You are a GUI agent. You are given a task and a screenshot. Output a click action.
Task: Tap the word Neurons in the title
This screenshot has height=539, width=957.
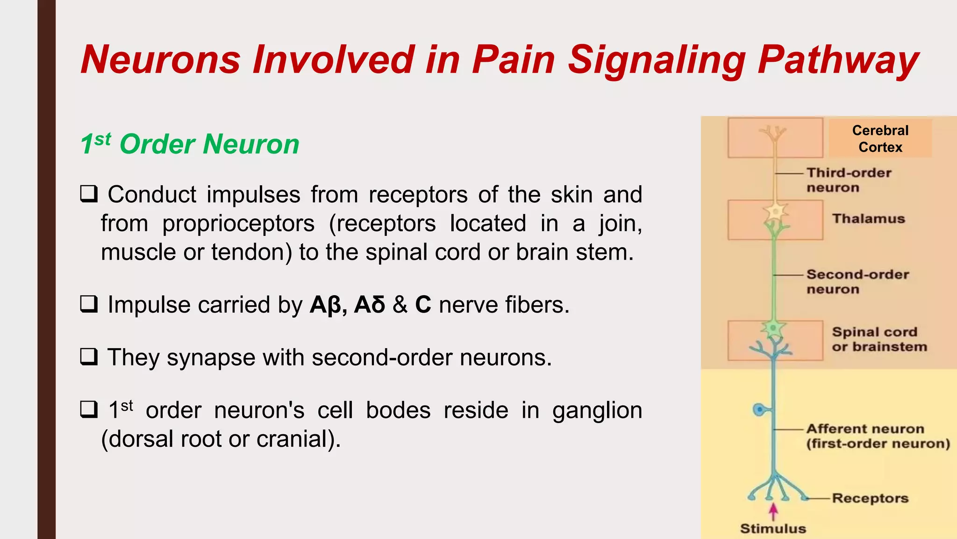pyautogui.click(x=160, y=60)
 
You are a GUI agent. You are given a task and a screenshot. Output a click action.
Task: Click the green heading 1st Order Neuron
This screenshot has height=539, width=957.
pyautogui.click(x=190, y=144)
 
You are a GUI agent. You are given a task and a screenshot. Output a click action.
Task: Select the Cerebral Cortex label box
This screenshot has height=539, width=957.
pyautogui.click(x=880, y=138)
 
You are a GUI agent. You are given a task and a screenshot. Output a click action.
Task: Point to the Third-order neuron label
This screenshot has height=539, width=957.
pyautogui.click(x=849, y=180)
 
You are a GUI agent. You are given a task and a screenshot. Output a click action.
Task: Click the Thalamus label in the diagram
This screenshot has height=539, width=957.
pyautogui.click(x=868, y=219)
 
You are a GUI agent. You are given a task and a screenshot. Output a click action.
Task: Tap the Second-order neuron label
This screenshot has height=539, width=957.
pyautogui.click(x=857, y=282)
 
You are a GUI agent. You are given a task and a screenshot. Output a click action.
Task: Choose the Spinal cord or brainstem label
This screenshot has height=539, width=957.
pyautogui.click(x=878, y=339)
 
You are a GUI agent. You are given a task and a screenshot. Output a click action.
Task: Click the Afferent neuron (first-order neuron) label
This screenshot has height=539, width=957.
pyautogui.click(x=878, y=436)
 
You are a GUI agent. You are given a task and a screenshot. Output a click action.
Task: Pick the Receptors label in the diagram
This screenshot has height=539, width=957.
pyautogui.click(x=870, y=498)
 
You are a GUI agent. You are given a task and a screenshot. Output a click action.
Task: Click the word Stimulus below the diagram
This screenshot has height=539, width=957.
pyautogui.click(x=773, y=529)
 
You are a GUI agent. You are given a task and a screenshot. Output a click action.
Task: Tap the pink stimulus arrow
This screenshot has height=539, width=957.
pyautogui.click(x=773, y=511)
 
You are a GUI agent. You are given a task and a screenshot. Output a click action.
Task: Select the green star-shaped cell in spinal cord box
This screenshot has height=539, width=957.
pyautogui.click(x=773, y=328)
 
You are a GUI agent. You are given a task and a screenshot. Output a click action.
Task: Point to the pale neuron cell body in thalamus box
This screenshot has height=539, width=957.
pyautogui.click(x=776, y=212)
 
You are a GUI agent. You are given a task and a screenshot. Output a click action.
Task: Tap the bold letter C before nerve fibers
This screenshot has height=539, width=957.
pyautogui.click(x=423, y=305)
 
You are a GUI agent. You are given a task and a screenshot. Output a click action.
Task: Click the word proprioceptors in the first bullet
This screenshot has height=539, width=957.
pyautogui.click(x=238, y=224)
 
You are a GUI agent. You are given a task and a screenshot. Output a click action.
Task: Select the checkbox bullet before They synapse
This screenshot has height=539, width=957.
pyautogui.click(x=89, y=357)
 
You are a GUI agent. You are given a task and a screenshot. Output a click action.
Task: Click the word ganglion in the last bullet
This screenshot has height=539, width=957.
pyautogui.click(x=597, y=411)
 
